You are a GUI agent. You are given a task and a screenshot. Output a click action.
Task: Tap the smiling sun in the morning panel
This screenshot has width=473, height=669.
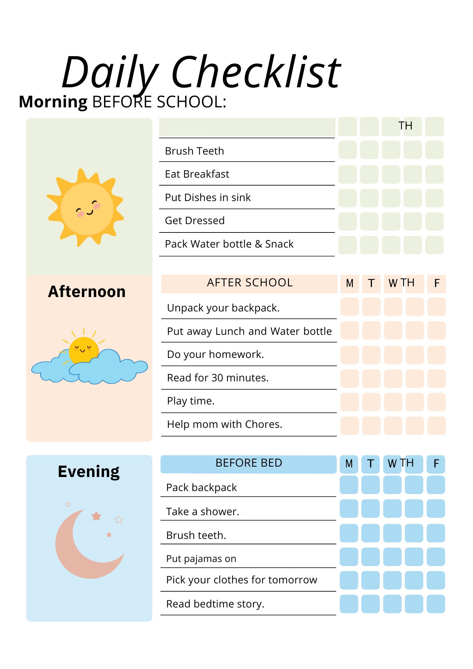pos(86,208)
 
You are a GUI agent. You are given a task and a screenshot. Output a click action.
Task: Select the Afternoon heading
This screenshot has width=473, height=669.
pos(87,291)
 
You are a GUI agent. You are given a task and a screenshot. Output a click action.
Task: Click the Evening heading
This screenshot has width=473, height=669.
pos(89,471)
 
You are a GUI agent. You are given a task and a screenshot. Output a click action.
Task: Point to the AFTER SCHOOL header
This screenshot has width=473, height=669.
pos(250,283)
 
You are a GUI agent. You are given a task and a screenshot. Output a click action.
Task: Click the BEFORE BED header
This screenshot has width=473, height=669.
pos(249,463)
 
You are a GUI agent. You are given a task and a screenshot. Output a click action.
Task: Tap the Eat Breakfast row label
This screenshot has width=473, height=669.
pos(197,174)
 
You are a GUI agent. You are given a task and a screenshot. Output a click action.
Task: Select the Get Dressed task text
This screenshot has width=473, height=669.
pos(195,221)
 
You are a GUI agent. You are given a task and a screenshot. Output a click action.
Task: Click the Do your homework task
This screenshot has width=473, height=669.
pos(215,354)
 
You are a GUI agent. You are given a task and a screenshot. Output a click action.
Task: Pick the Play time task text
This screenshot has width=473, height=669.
pos(191,401)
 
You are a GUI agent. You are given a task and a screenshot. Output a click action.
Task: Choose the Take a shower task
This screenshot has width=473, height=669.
pos(202,511)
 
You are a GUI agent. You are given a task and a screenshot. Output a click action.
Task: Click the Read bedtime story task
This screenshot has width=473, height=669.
pos(215,604)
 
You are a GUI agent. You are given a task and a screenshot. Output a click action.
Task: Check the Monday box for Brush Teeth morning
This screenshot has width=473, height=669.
pos(348,150)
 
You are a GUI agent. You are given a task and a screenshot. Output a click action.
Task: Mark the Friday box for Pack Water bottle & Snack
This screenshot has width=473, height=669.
pos(435,245)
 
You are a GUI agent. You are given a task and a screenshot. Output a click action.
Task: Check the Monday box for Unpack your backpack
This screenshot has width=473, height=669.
pos(350,307)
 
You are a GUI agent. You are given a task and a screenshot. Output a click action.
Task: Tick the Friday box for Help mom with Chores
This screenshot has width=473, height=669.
pos(437,425)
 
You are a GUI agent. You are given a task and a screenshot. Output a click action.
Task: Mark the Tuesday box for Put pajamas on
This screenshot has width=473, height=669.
pos(370,557)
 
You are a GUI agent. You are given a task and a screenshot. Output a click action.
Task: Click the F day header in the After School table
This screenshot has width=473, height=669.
pos(437,283)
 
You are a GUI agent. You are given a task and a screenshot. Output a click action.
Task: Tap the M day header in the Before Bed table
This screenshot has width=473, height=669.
pos(349,464)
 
